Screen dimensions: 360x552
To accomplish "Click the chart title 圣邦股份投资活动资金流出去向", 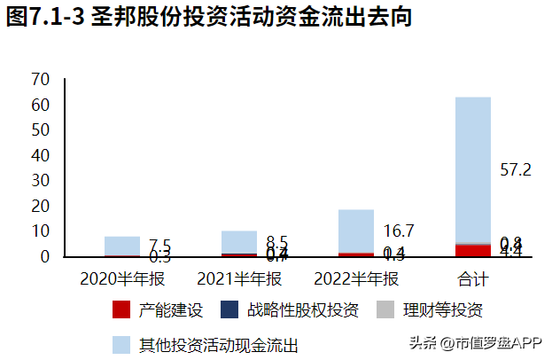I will [210, 19].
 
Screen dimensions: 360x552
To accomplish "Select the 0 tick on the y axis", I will [43, 258].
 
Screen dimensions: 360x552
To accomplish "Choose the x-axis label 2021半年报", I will [239, 278].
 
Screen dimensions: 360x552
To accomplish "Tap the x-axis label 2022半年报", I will [356, 278].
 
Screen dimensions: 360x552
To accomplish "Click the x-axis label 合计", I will [472, 278].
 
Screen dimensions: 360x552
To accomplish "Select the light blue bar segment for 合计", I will [472, 168].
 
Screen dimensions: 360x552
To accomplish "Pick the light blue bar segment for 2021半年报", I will [239, 241].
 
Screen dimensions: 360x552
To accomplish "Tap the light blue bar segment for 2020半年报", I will [122, 246].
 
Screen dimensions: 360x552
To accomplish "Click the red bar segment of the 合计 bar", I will [472, 251].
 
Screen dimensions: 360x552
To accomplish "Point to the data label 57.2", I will [515, 169].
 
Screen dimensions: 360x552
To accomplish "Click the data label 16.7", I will [399, 231].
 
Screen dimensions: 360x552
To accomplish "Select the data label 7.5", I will [159, 246].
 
